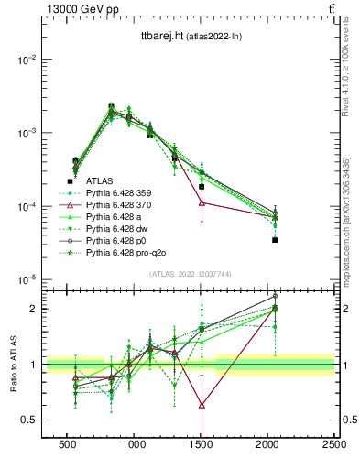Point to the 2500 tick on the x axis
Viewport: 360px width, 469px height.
334,444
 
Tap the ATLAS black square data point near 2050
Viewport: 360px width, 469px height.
275,240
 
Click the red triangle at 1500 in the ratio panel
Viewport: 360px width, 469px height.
202,404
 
